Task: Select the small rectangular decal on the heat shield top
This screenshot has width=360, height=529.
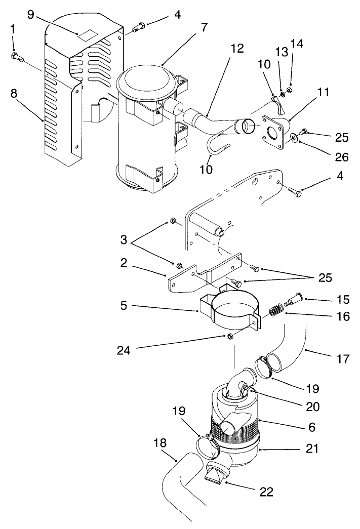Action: [85, 35]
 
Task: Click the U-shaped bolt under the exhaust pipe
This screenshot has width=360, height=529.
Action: [217, 145]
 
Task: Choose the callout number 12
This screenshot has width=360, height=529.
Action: [236, 49]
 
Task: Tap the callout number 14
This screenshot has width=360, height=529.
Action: [297, 44]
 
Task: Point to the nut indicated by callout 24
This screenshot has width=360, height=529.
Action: [229, 337]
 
